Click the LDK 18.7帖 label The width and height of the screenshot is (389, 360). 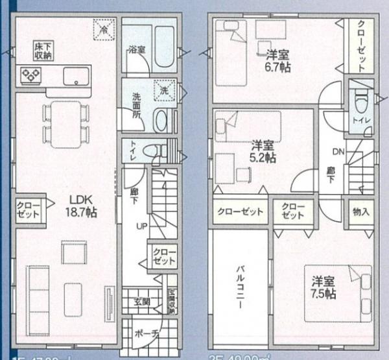coord(80,206)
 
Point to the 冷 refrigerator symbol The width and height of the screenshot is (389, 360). coord(102,29)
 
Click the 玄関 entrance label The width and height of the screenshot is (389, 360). coord(142,301)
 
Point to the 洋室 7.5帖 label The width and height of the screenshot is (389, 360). coord(323,288)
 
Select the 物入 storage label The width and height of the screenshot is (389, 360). coord(361,211)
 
